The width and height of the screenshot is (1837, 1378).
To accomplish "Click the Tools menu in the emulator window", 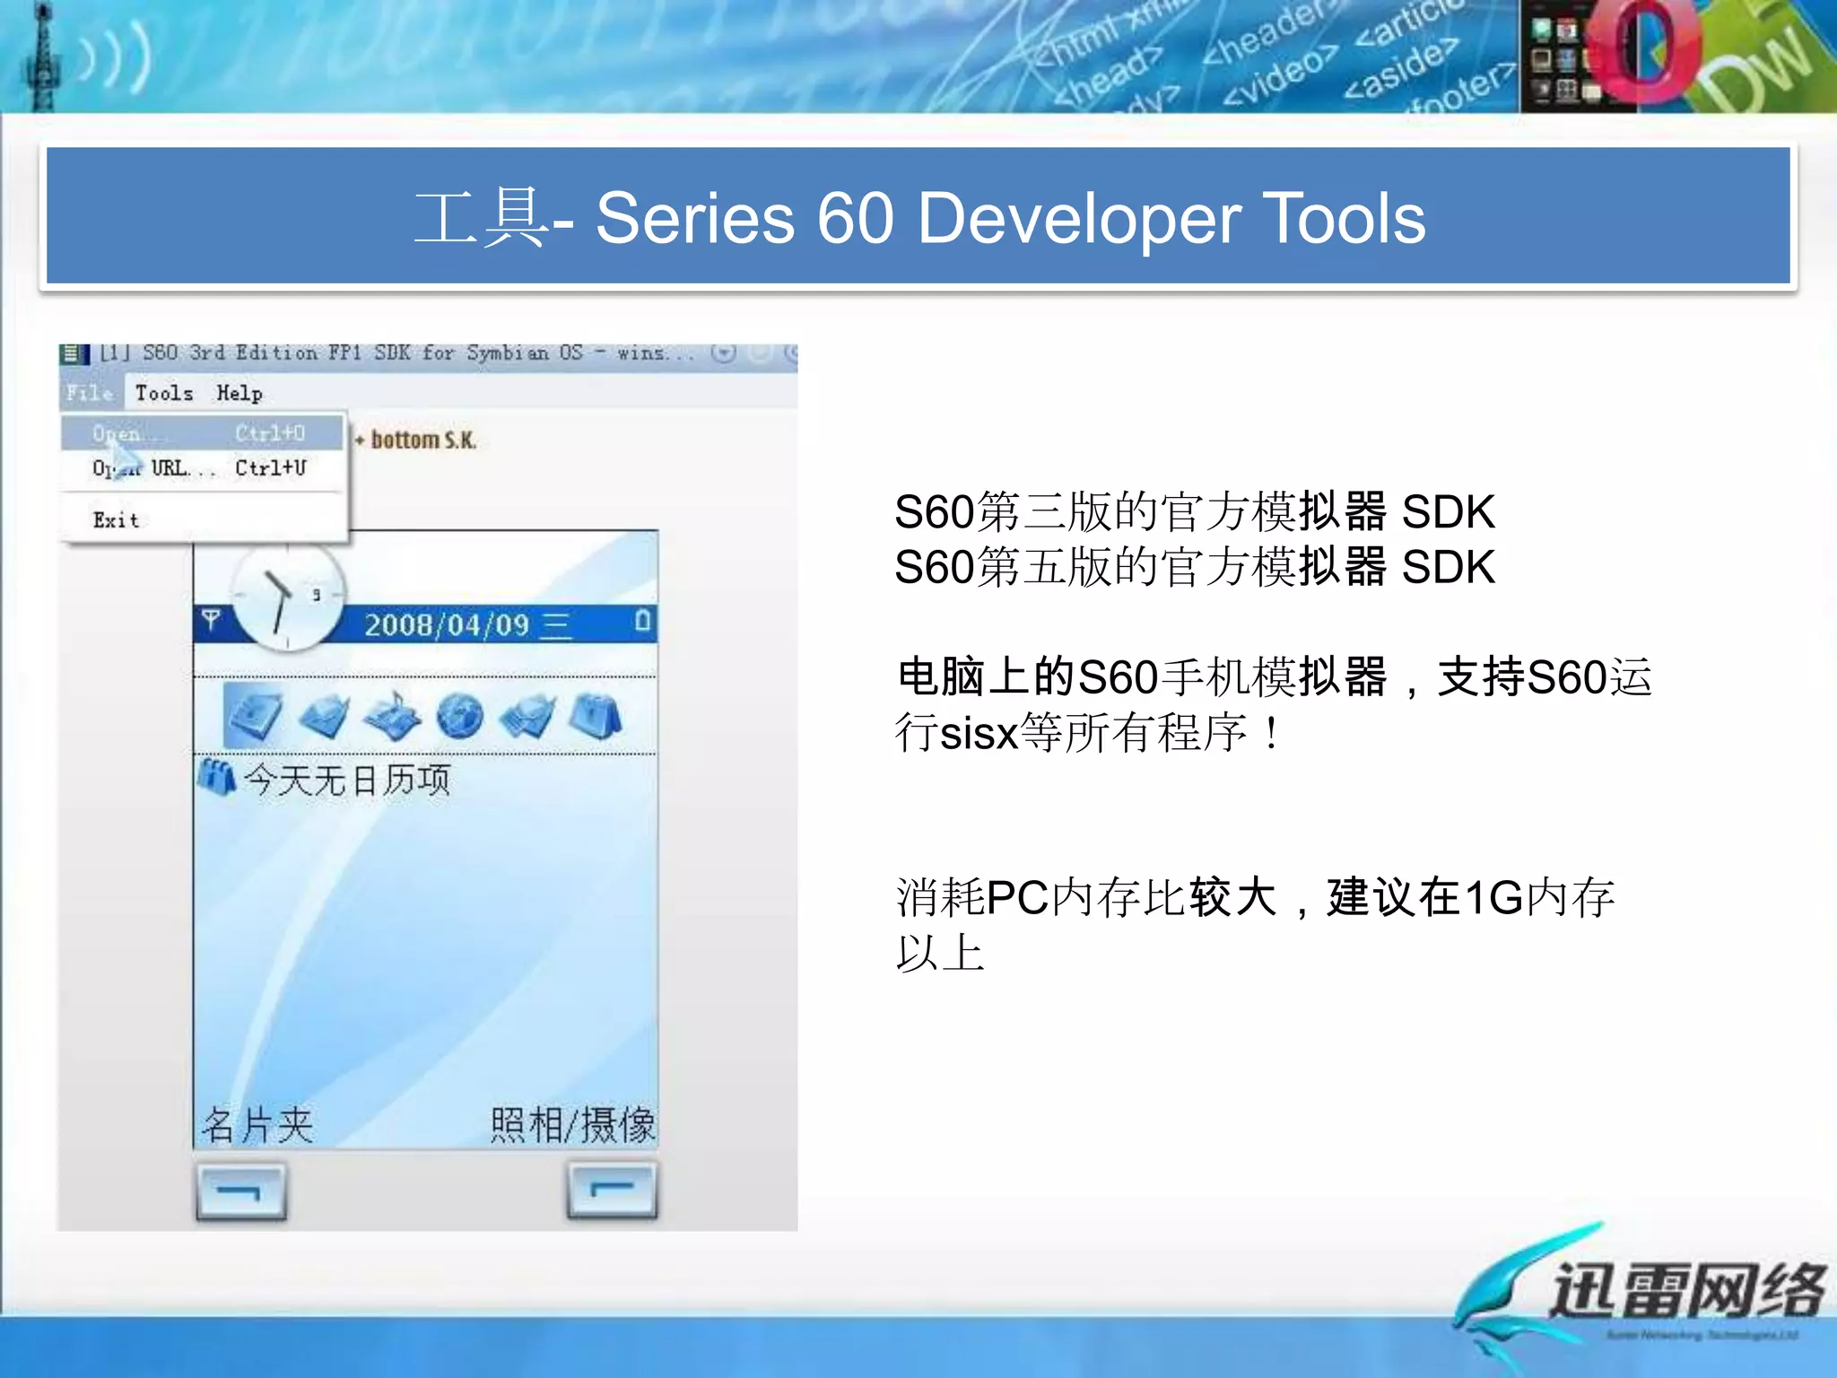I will click(x=164, y=393).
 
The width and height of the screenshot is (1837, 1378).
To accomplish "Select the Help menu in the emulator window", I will click(x=239, y=393).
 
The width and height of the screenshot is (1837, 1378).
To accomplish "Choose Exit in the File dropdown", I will click(x=116, y=520).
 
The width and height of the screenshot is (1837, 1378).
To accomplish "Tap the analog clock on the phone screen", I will click(x=287, y=596).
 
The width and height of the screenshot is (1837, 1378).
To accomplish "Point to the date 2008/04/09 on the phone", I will click(x=446, y=624).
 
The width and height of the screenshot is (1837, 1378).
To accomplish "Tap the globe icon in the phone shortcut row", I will click(x=460, y=716).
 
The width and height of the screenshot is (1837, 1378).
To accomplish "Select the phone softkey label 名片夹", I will click(x=257, y=1124).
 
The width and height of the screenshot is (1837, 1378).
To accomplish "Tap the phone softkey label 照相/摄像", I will click(x=572, y=1124).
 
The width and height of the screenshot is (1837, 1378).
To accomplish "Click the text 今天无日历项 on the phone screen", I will click(x=347, y=780).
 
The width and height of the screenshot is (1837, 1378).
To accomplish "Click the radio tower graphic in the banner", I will click(x=41, y=56).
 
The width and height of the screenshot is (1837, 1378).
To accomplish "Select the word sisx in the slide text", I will click(x=979, y=733).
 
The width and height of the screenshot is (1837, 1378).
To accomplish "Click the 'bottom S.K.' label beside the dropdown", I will click(x=422, y=440).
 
